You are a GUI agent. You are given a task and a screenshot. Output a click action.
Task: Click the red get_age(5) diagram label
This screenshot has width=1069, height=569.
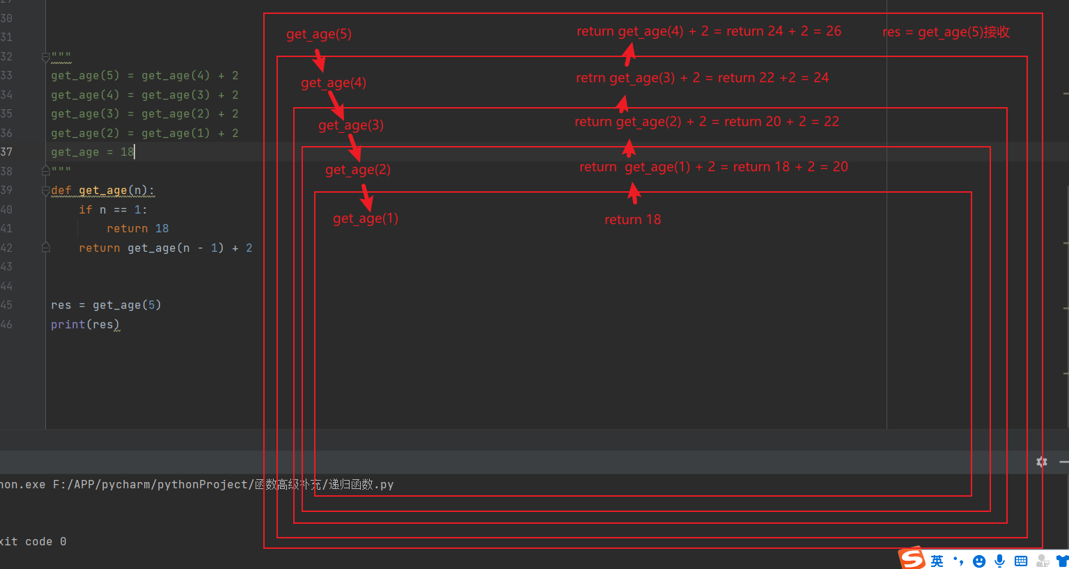click(x=318, y=34)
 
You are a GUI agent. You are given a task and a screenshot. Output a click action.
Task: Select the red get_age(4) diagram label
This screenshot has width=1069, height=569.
click(x=333, y=83)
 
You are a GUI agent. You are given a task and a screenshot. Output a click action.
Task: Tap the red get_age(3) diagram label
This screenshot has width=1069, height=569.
click(x=350, y=125)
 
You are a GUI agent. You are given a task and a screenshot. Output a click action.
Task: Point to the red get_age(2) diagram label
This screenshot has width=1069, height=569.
click(x=357, y=170)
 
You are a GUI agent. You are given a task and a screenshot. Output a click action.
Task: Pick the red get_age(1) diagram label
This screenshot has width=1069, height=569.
click(x=365, y=218)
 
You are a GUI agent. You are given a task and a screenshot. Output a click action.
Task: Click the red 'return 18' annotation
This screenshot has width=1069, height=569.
click(x=632, y=220)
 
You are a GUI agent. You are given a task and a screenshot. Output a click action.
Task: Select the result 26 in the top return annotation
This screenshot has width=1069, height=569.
click(x=833, y=31)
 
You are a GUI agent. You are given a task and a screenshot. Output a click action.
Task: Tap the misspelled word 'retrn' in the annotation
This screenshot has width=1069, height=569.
click(x=591, y=78)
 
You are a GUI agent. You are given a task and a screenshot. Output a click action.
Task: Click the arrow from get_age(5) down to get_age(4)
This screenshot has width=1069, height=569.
click(x=319, y=60)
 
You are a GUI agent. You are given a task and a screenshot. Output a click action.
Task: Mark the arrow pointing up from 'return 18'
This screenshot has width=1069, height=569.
click(x=634, y=193)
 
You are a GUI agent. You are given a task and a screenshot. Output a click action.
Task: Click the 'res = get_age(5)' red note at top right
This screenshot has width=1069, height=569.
click(x=945, y=32)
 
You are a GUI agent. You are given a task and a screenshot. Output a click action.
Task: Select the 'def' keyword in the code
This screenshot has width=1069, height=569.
click(x=61, y=190)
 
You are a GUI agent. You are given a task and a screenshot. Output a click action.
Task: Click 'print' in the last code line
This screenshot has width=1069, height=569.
click(x=68, y=324)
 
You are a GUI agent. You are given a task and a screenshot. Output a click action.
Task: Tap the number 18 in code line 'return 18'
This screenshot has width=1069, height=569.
click(x=162, y=228)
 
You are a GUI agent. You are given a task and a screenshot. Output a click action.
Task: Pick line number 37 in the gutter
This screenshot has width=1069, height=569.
click(x=6, y=152)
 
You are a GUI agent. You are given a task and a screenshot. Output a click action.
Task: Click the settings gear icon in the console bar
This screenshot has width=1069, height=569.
click(x=1042, y=462)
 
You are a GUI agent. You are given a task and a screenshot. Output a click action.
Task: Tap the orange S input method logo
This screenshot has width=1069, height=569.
click(x=912, y=559)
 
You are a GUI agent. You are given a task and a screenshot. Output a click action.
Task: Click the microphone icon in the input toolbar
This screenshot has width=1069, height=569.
click(x=1000, y=561)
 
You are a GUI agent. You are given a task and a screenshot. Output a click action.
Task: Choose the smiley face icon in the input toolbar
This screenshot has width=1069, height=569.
click(x=979, y=561)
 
